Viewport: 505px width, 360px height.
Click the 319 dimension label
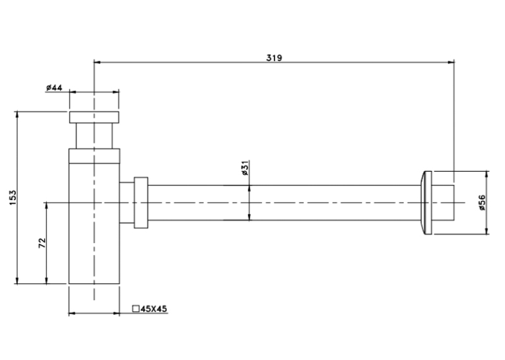click(274, 57)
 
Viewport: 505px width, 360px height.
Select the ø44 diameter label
click(54, 87)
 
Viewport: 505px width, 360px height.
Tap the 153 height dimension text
click(13, 198)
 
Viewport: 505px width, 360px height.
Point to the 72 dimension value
click(42, 243)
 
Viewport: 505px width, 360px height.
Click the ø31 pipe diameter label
click(245, 168)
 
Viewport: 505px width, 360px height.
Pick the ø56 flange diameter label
click(482, 203)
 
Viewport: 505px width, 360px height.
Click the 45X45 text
click(154, 308)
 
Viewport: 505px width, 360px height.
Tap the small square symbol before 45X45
click(136, 308)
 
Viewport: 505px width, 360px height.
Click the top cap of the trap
click(94, 117)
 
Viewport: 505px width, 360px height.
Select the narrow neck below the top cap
click(94, 135)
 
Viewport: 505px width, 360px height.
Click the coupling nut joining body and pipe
click(141, 203)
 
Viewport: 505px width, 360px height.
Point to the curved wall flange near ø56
click(426, 203)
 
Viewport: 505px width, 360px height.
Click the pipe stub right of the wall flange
click(443, 203)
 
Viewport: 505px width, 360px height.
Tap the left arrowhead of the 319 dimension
click(97, 62)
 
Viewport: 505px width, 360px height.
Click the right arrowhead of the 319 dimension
click(451, 62)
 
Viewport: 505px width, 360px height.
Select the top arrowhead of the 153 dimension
click(17, 115)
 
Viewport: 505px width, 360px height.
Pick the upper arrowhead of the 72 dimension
click(46, 206)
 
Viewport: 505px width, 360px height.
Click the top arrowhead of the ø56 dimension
click(487, 175)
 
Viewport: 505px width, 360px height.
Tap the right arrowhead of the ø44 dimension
click(116, 92)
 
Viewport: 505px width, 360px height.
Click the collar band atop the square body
click(94, 156)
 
